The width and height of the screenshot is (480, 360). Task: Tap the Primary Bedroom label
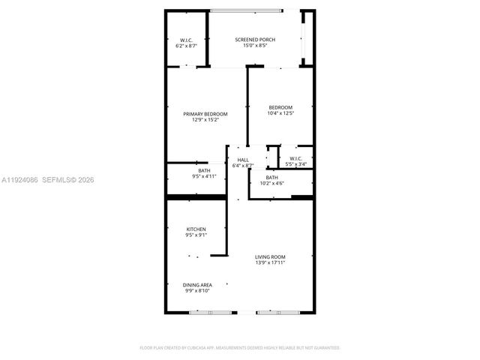pyautogui.click(x=205, y=113)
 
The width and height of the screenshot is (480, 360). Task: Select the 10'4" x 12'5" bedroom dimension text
pyautogui.click(x=280, y=113)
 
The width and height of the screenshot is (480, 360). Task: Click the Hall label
pyautogui.click(x=243, y=160)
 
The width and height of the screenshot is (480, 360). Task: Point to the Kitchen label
pyautogui.click(x=196, y=229)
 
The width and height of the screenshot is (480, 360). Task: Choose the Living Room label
pyautogui.click(x=270, y=256)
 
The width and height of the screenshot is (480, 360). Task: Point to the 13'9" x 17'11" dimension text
pyautogui.click(x=270, y=262)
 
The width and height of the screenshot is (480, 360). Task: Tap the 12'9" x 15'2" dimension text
pyautogui.click(x=205, y=119)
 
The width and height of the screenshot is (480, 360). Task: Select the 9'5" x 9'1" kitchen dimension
pyautogui.click(x=196, y=235)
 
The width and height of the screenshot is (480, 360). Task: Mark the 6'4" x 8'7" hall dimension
pyautogui.click(x=243, y=166)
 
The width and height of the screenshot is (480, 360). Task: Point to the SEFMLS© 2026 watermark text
pyautogui.click(x=67, y=180)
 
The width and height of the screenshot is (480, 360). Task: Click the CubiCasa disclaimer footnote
pyautogui.click(x=240, y=348)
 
